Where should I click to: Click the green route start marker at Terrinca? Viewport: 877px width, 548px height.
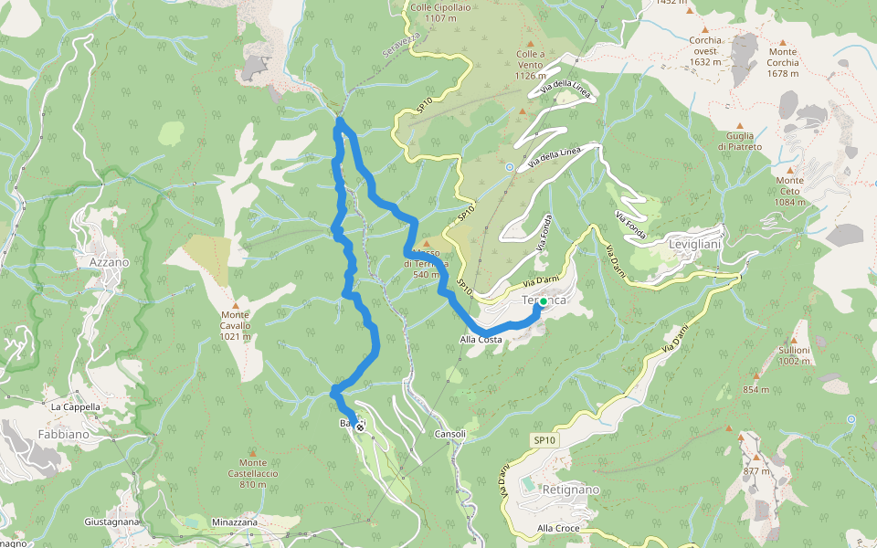[544, 300]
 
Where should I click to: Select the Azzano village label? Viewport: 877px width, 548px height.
[110, 262]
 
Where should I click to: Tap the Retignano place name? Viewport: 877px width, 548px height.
[570, 490]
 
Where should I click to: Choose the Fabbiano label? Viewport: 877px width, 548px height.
[63, 435]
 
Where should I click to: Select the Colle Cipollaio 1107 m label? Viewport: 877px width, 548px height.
[434, 13]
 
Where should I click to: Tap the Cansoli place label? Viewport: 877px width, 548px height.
[450, 434]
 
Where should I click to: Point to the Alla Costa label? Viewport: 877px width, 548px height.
[481, 340]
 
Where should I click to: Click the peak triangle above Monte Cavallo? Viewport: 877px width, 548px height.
[236, 305]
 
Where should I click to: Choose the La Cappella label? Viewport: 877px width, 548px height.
[76, 406]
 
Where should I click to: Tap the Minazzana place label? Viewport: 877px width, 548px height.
[234, 522]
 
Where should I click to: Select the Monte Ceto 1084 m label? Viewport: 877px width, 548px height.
[790, 191]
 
